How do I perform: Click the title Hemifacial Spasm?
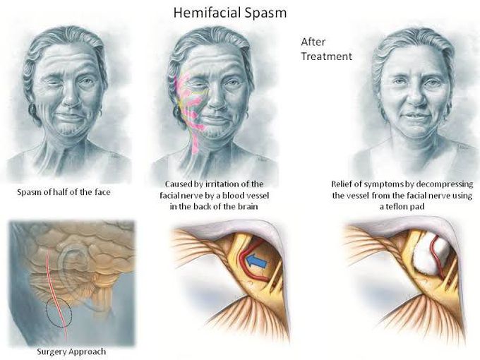pyautogui.click(x=230, y=13)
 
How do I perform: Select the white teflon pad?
pyautogui.click(x=431, y=255)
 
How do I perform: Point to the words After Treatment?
pyautogui.click(x=326, y=49)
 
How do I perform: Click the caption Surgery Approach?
pyautogui.click(x=71, y=352)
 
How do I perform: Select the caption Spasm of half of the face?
pyautogui.click(x=64, y=192)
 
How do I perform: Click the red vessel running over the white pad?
pyautogui.click(x=436, y=257)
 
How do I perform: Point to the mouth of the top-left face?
pyautogui.click(x=70, y=117)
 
